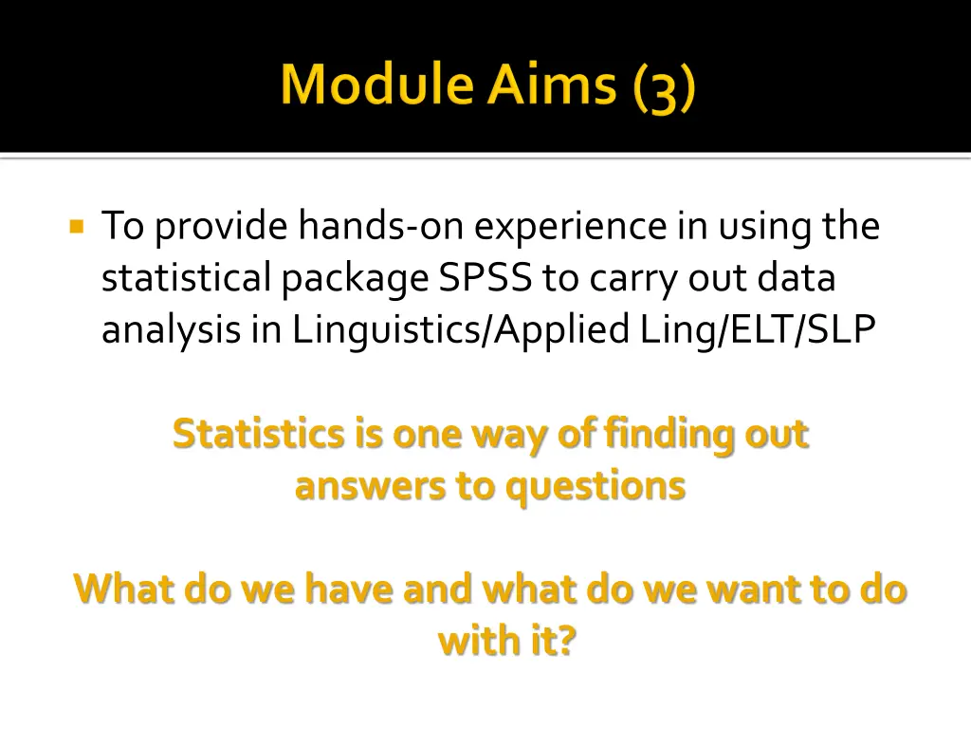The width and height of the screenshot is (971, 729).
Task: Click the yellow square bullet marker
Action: click(x=78, y=228)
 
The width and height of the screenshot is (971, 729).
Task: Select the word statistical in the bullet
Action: click(x=187, y=278)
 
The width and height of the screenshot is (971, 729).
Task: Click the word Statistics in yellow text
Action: click(x=259, y=434)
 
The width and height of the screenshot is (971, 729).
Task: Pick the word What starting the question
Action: click(x=124, y=589)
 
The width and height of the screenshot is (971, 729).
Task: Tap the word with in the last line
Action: click(x=471, y=641)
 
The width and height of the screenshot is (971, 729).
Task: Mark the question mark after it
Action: click(x=565, y=641)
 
